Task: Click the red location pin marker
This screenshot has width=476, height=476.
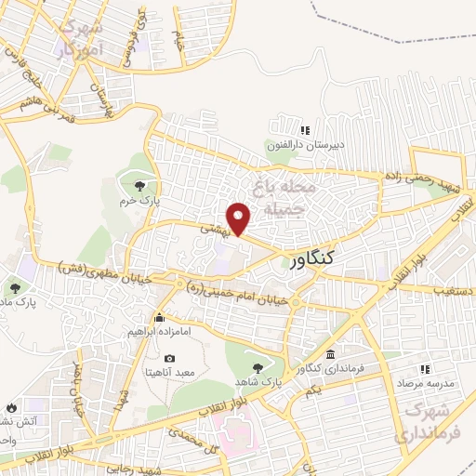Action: point(240,218)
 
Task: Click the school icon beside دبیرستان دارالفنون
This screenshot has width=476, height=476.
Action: point(304,130)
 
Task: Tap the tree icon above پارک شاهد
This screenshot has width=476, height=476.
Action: point(258,368)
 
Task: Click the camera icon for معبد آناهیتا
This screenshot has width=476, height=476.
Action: point(169,359)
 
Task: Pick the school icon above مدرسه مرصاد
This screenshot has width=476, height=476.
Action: point(425,369)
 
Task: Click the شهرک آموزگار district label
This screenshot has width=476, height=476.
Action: point(80,39)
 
